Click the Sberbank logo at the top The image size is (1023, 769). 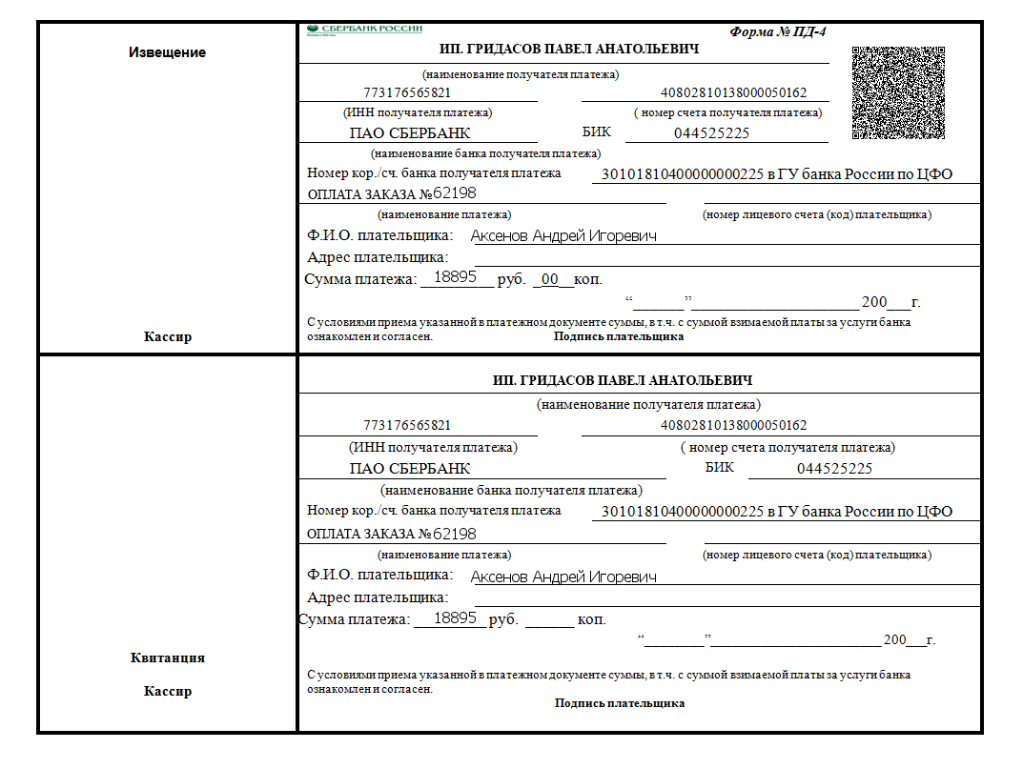364,30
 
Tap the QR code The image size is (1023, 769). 897,93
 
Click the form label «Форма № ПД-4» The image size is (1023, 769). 778,31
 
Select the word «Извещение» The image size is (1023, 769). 167,52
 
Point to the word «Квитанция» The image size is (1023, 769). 167,658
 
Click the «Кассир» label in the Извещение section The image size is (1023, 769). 168,336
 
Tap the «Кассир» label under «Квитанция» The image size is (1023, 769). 168,691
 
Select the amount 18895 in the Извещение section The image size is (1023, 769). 455,277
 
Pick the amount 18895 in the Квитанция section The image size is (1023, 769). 455,618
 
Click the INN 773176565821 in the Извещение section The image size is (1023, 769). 407,93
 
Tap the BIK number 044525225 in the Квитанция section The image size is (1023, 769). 834,469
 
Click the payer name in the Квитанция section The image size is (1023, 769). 563,577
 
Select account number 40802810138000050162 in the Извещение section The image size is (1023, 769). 734,93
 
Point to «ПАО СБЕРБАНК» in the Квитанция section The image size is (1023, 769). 410,469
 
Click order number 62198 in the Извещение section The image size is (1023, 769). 455,193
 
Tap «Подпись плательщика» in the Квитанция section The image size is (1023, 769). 620,703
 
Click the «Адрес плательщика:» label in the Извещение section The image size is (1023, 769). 378,257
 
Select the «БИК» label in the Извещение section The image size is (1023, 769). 596,132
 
